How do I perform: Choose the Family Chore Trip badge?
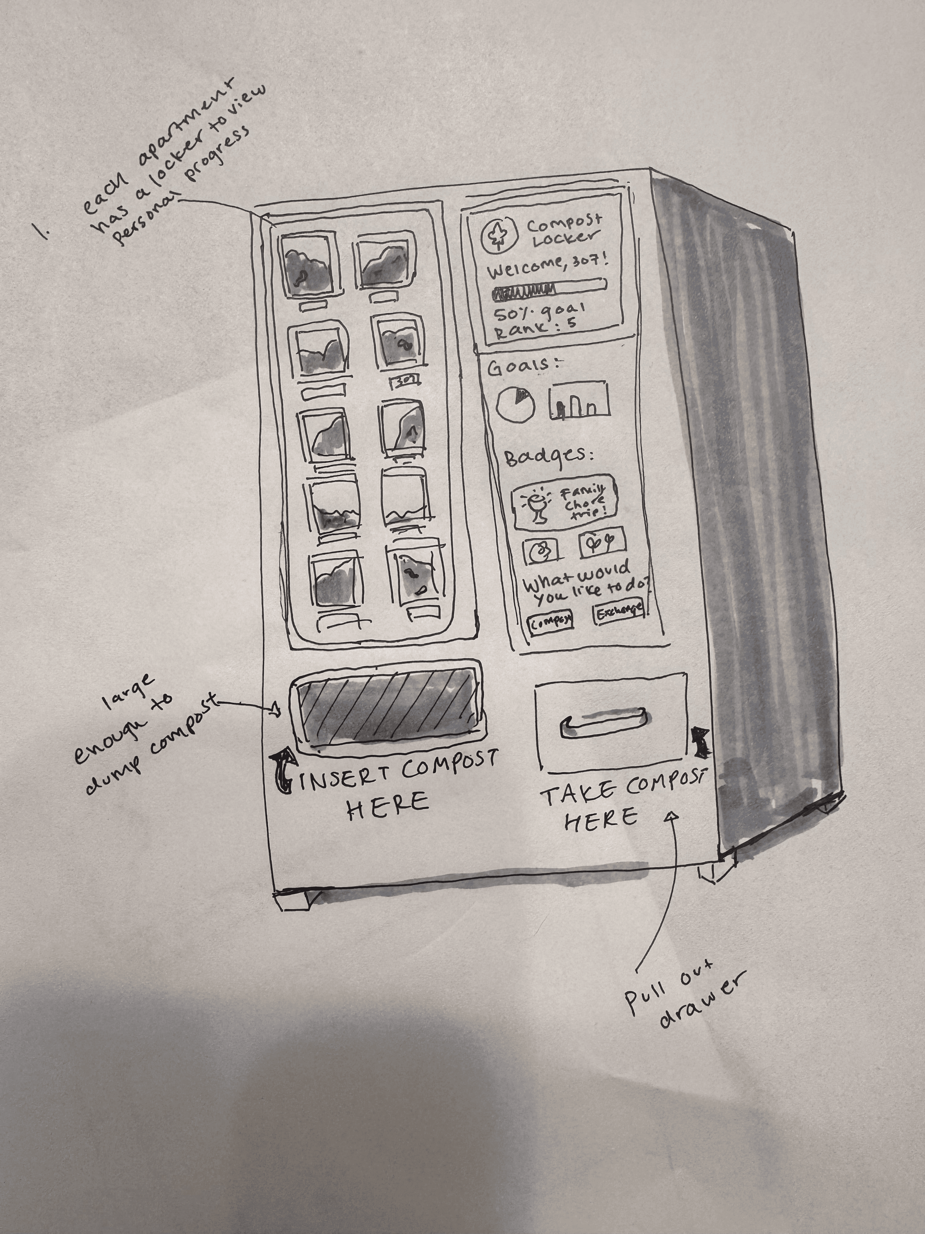[x=565, y=502]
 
